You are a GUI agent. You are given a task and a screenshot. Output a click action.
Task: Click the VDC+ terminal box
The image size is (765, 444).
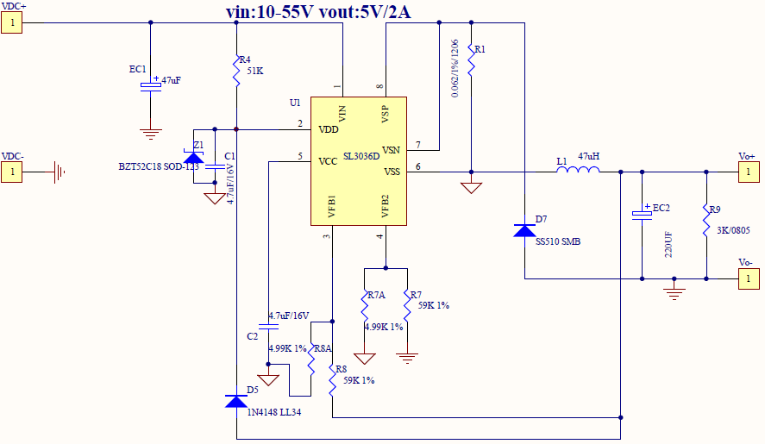12,23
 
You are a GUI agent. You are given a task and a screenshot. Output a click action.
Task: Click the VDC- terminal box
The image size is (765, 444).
12,172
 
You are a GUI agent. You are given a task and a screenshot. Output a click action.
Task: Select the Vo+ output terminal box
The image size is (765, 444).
749,172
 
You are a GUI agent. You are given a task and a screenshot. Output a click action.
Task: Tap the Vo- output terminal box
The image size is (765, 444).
749,278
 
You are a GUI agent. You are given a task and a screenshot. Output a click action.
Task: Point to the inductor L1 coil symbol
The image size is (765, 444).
578,172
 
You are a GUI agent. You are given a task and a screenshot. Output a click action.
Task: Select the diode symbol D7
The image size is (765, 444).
524,230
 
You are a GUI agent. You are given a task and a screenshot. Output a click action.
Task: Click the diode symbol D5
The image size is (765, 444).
235,402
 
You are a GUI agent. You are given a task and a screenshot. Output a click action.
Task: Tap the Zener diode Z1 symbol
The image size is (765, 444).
195,157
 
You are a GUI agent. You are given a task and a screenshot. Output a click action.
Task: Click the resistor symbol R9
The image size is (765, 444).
706,221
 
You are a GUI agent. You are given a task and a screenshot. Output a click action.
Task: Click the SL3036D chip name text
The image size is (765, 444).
361,157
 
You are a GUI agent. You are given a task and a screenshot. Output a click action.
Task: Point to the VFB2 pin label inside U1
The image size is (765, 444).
386,207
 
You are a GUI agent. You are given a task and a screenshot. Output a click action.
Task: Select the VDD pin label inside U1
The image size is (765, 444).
328,129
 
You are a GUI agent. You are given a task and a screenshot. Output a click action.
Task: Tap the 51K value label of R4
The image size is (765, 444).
254,71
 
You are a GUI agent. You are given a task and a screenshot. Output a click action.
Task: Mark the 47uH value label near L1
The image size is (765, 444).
588,157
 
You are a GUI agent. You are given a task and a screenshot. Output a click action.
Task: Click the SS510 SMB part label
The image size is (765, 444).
558,242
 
